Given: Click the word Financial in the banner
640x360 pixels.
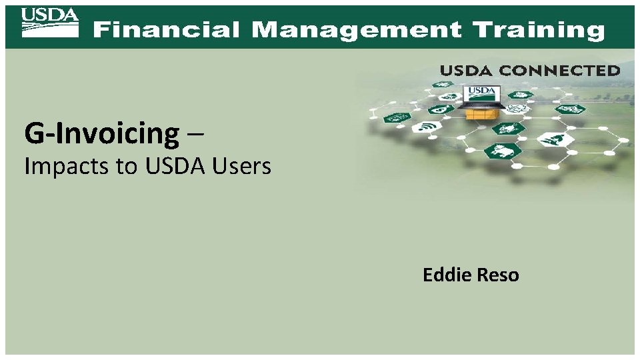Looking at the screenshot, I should pos(166,30).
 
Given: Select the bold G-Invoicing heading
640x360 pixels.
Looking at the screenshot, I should pos(102,134).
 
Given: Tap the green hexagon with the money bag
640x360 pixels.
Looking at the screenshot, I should pos(441,109).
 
